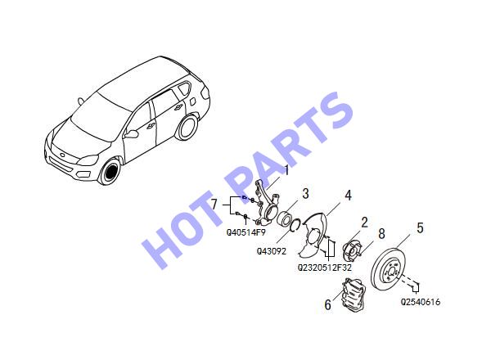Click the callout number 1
pos(286,171)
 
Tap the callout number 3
pos(305,193)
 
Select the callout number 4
pos(349,195)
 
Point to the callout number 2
pos(364,223)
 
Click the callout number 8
pos(381,233)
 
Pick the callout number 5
pos(420,228)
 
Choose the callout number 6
pos(327,304)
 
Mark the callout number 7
pos(214,205)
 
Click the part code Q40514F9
pos(246,232)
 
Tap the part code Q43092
pos(272,251)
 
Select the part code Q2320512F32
pos(324,268)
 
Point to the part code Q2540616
pos(421,302)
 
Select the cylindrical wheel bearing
pos(285,218)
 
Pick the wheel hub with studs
pos(351,250)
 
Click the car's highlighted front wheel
pos(110,172)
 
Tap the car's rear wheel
pos(187,128)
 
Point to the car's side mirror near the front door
pos(131,134)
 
